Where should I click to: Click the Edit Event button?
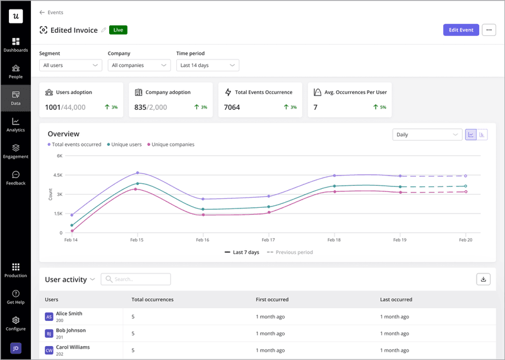click(x=461, y=30)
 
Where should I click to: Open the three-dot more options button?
click(x=489, y=30)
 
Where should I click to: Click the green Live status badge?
click(x=118, y=30)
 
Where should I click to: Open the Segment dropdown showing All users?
click(x=70, y=65)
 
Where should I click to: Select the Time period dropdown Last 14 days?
click(x=207, y=65)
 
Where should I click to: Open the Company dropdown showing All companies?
click(x=139, y=65)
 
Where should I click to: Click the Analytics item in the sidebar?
click(x=16, y=124)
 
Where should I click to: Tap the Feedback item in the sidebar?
click(x=16, y=177)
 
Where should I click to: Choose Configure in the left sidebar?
click(x=16, y=323)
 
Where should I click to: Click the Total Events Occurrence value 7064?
click(x=232, y=107)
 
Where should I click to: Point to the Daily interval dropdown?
click(x=427, y=135)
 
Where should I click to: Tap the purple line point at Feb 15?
click(x=137, y=172)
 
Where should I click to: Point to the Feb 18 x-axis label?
click(x=334, y=241)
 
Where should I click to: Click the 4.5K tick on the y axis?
click(x=57, y=175)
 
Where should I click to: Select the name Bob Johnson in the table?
click(x=71, y=330)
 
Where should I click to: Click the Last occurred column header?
click(x=396, y=299)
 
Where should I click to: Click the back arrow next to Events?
click(x=42, y=12)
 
